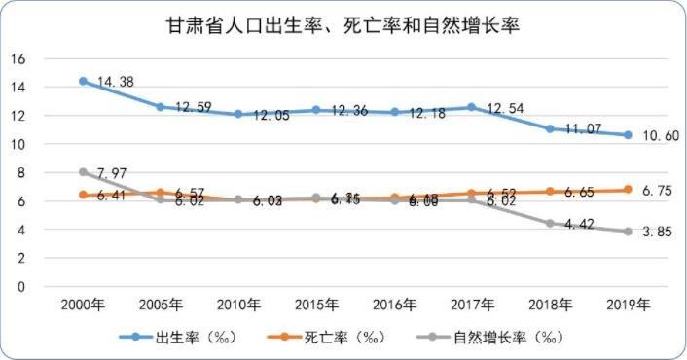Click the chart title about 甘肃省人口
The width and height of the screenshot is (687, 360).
[x=343, y=26]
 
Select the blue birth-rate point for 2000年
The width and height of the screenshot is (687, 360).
[x=83, y=81]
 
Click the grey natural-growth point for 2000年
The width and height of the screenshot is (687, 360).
[x=83, y=172]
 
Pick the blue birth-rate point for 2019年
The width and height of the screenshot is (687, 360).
[x=629, y=135]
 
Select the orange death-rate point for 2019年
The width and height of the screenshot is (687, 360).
[x=629, y=190]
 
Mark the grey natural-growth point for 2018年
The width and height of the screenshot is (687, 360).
[x=550, y=224]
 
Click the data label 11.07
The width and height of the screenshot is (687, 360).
[x=579, y=129]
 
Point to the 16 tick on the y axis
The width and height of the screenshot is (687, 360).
[x=17, y=58]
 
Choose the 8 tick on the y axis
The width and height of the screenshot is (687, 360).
[x=20, y=173]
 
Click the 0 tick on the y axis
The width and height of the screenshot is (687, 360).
[x=20, y=287]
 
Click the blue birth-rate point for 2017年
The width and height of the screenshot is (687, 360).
[x=472, y=107]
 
